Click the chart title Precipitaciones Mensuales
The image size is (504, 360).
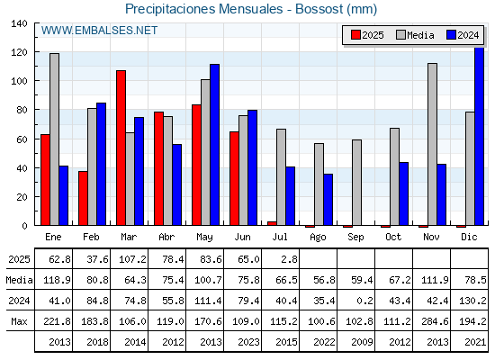tap(203, 9)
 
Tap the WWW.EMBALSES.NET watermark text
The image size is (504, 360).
tap(99, 31)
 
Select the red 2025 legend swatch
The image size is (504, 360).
tap(355, 35)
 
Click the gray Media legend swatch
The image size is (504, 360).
tap(400, 35)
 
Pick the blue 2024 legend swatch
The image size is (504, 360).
tap(451, 35)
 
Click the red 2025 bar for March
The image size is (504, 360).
tap(121, 148)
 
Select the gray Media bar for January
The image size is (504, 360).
tap(54, 139)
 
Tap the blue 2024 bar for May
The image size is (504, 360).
tap(215, 145)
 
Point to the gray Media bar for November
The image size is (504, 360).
tap(432, 144)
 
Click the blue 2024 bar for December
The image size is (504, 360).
tap(479, 136)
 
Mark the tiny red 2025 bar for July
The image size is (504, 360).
tap(272, 223)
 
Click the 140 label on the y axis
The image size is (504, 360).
tap(19, 23)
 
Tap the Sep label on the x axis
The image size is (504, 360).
tap(355, 238)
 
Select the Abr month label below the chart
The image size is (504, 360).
tap(166, 237)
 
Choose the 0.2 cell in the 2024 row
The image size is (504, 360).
tap(364, 301)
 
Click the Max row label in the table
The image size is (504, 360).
tap(19, 321)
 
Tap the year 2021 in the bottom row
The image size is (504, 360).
tap(475, 342)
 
